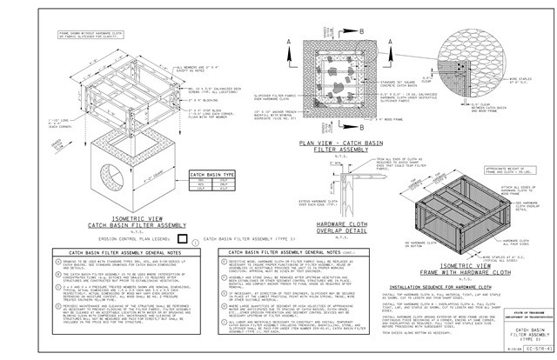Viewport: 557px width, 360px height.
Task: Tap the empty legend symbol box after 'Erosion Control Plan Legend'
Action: (x=182, y=236)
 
